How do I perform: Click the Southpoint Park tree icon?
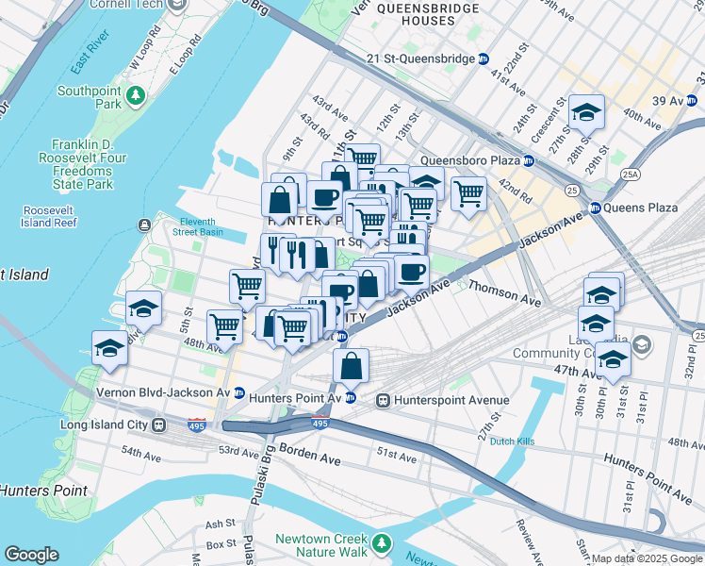pos(136,94)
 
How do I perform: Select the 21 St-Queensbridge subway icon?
pos(484,58)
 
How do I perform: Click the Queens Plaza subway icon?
pos(596,208)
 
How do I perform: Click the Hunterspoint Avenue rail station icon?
pos(384,400)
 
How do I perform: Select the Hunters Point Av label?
pos(296,398)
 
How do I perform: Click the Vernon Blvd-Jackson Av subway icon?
pos(240,391)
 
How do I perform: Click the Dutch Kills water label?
pos(514,440)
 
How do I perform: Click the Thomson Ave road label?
pos(504,293)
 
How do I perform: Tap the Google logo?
pos(32,555)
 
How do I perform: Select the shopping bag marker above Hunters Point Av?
pos(351,366)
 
